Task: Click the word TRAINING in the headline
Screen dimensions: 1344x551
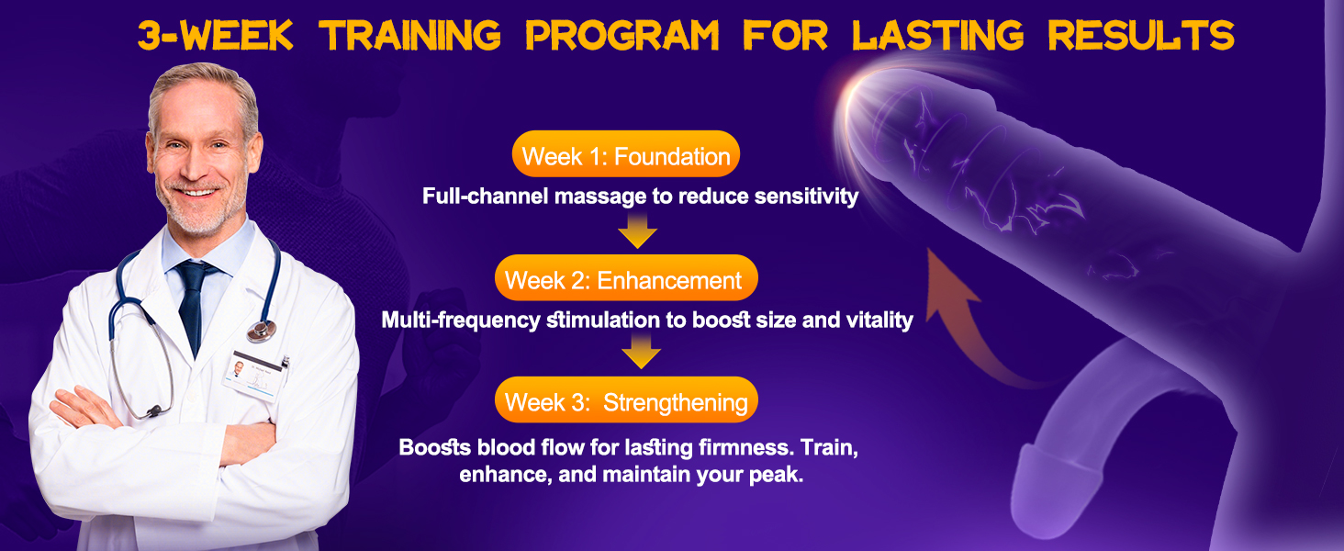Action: pyautogui.click(x=409, y=36)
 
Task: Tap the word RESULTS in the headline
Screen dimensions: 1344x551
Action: pyautogui.click(x=1141, y=36)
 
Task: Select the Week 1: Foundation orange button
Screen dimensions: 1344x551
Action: pyautogui.click(x=626, y=154)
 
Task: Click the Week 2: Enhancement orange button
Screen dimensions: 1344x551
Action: pyautogui.click(x=626, y=278)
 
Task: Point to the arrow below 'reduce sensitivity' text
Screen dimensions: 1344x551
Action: pyautogui.click(x=637, y=231)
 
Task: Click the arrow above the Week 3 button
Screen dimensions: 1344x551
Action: pyautogui.click(x=641, y=351)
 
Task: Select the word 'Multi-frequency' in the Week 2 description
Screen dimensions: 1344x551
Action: pyautogui.click(x=461, y=320)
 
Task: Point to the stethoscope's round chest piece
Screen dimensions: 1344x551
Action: pyautogui.click(x=262, y=330)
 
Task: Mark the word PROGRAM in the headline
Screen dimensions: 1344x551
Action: pyautogui.click(x=622, y=36)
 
